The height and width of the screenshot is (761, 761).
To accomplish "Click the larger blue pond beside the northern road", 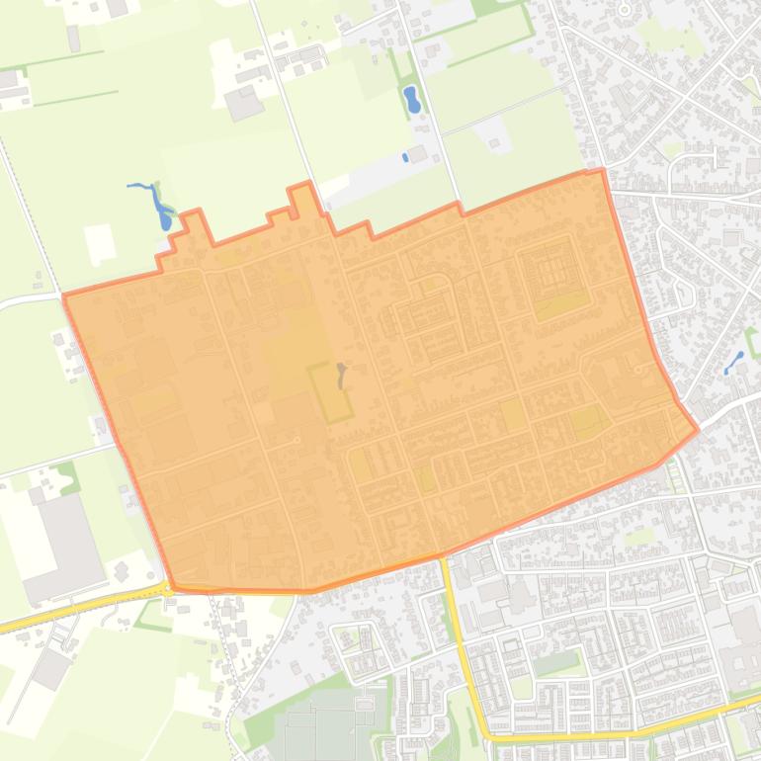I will click(x=410, y=98).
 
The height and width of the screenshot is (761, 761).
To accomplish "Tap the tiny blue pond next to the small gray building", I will click(x=404, y=157).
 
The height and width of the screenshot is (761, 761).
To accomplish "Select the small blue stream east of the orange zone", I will click(x=734, y=362).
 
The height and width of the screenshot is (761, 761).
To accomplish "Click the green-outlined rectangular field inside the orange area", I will click(x=330, y=392).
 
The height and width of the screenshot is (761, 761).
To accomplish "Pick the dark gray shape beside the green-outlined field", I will click(x=341, y=374).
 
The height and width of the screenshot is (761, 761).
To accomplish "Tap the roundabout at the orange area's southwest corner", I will click(x=169, y=588).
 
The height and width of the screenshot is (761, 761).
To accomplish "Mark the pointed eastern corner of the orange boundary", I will click(x=697, y=429).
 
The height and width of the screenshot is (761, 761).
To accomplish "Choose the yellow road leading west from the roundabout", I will click(x=79, y=607).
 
